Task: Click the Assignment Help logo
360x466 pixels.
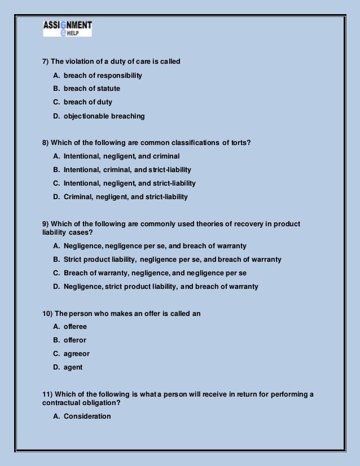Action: [x=67, y=29]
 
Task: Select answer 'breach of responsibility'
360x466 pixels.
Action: [x=103, y=75]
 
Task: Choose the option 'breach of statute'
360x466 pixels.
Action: [x=91, y=89]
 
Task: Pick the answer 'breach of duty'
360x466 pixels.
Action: [x=87, y=102]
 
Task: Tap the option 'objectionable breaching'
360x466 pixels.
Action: [x=104, y=116]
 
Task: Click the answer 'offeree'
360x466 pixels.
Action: [x=75, y=327]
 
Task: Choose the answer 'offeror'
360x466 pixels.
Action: [x=75, y=340]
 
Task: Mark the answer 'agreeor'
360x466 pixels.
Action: [x=76, y=354]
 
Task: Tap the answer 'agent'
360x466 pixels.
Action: [x=73, y=367]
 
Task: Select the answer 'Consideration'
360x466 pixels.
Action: [x=87, y=416]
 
